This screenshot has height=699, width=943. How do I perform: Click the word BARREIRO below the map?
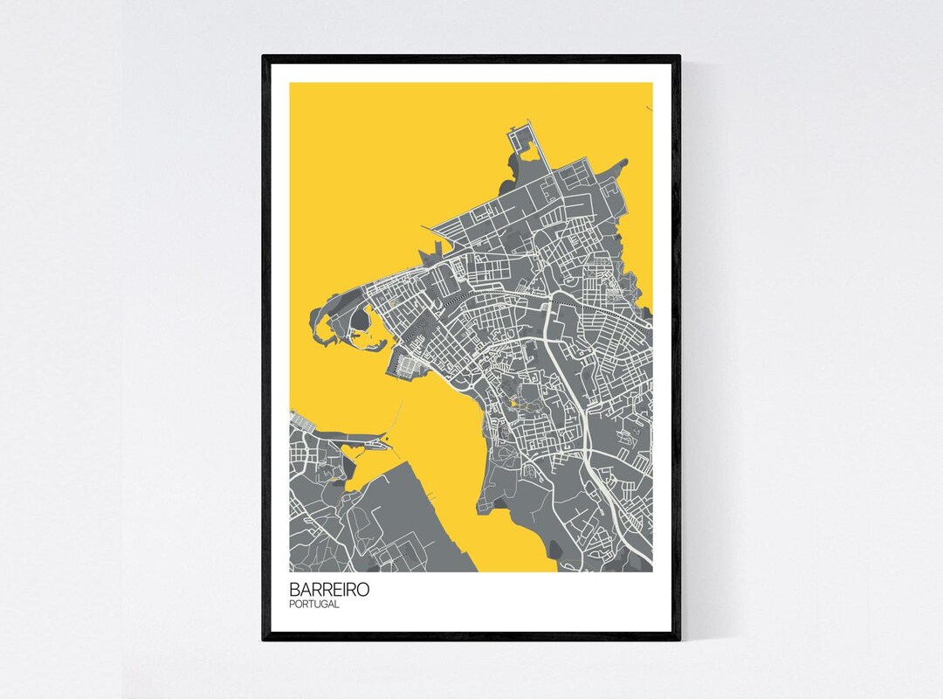coord(329,590)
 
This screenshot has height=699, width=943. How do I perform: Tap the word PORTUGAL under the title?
coord(314,605)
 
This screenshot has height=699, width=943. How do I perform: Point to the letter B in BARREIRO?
coord(295,590)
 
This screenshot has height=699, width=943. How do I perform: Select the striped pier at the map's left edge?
coord(300,420)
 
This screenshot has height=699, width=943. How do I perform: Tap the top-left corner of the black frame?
coord(265,58)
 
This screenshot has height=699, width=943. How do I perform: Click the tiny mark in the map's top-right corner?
coord(649,107)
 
